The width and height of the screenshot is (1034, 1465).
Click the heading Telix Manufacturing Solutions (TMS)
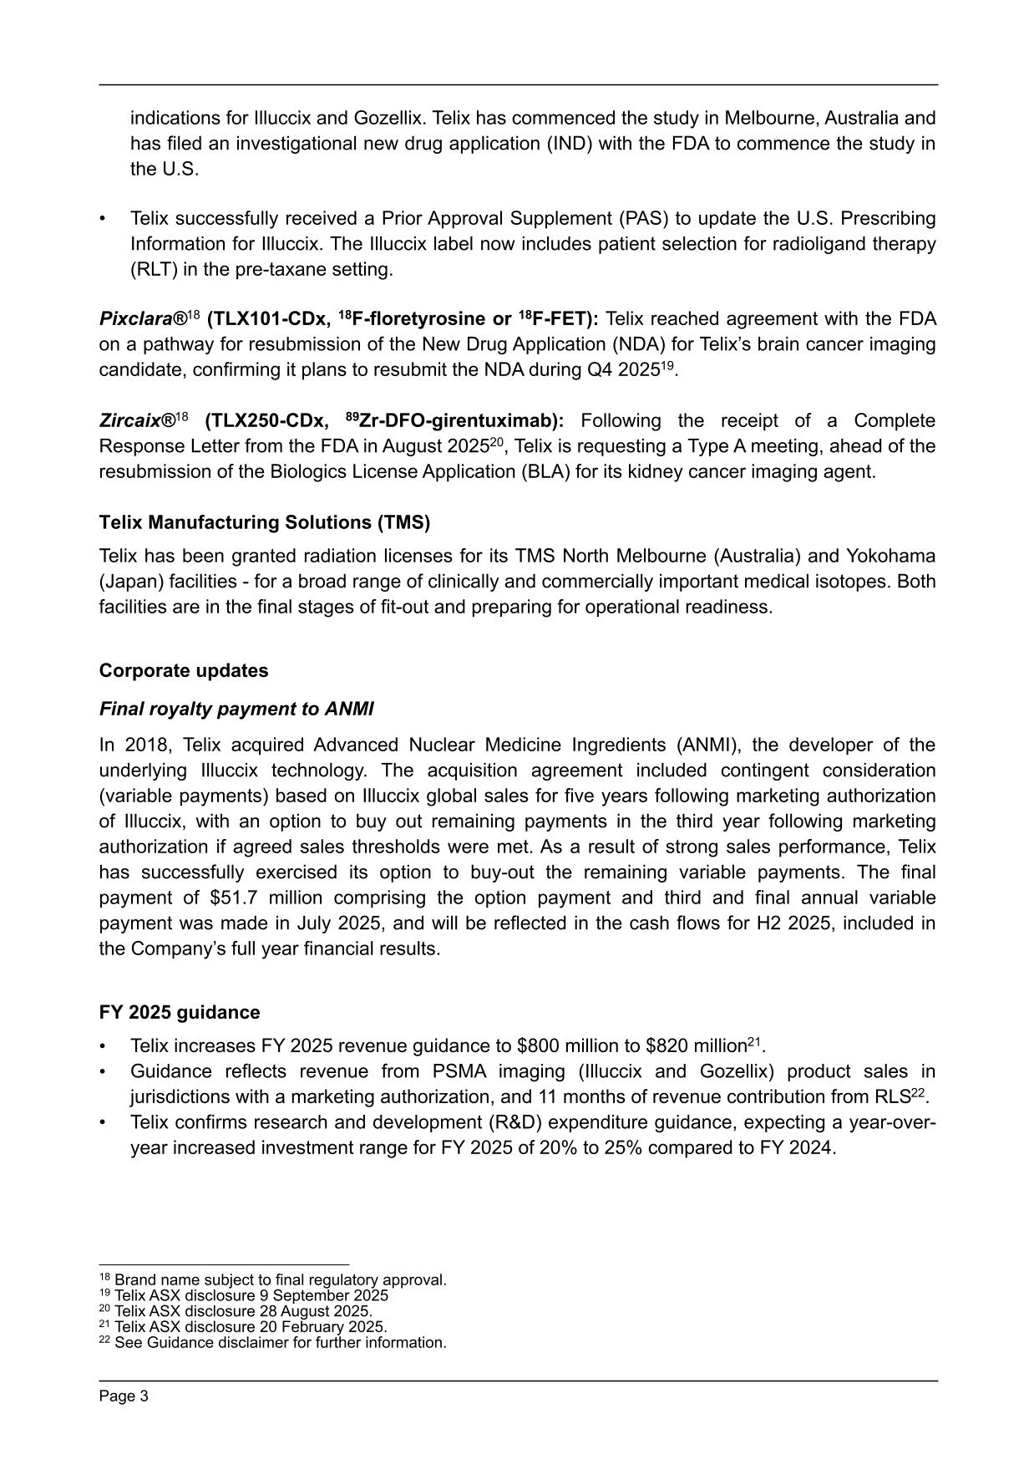264,522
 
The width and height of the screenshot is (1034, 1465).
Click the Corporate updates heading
184,670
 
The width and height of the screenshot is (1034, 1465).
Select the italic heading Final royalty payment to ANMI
236,709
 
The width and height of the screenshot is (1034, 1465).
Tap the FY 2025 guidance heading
180,1012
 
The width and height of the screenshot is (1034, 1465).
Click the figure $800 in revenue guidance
536,1046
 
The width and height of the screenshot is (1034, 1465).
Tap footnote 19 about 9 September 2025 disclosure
244,1295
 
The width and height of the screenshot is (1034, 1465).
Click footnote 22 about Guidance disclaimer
273,1342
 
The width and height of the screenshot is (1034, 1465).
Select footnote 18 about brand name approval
273,1279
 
